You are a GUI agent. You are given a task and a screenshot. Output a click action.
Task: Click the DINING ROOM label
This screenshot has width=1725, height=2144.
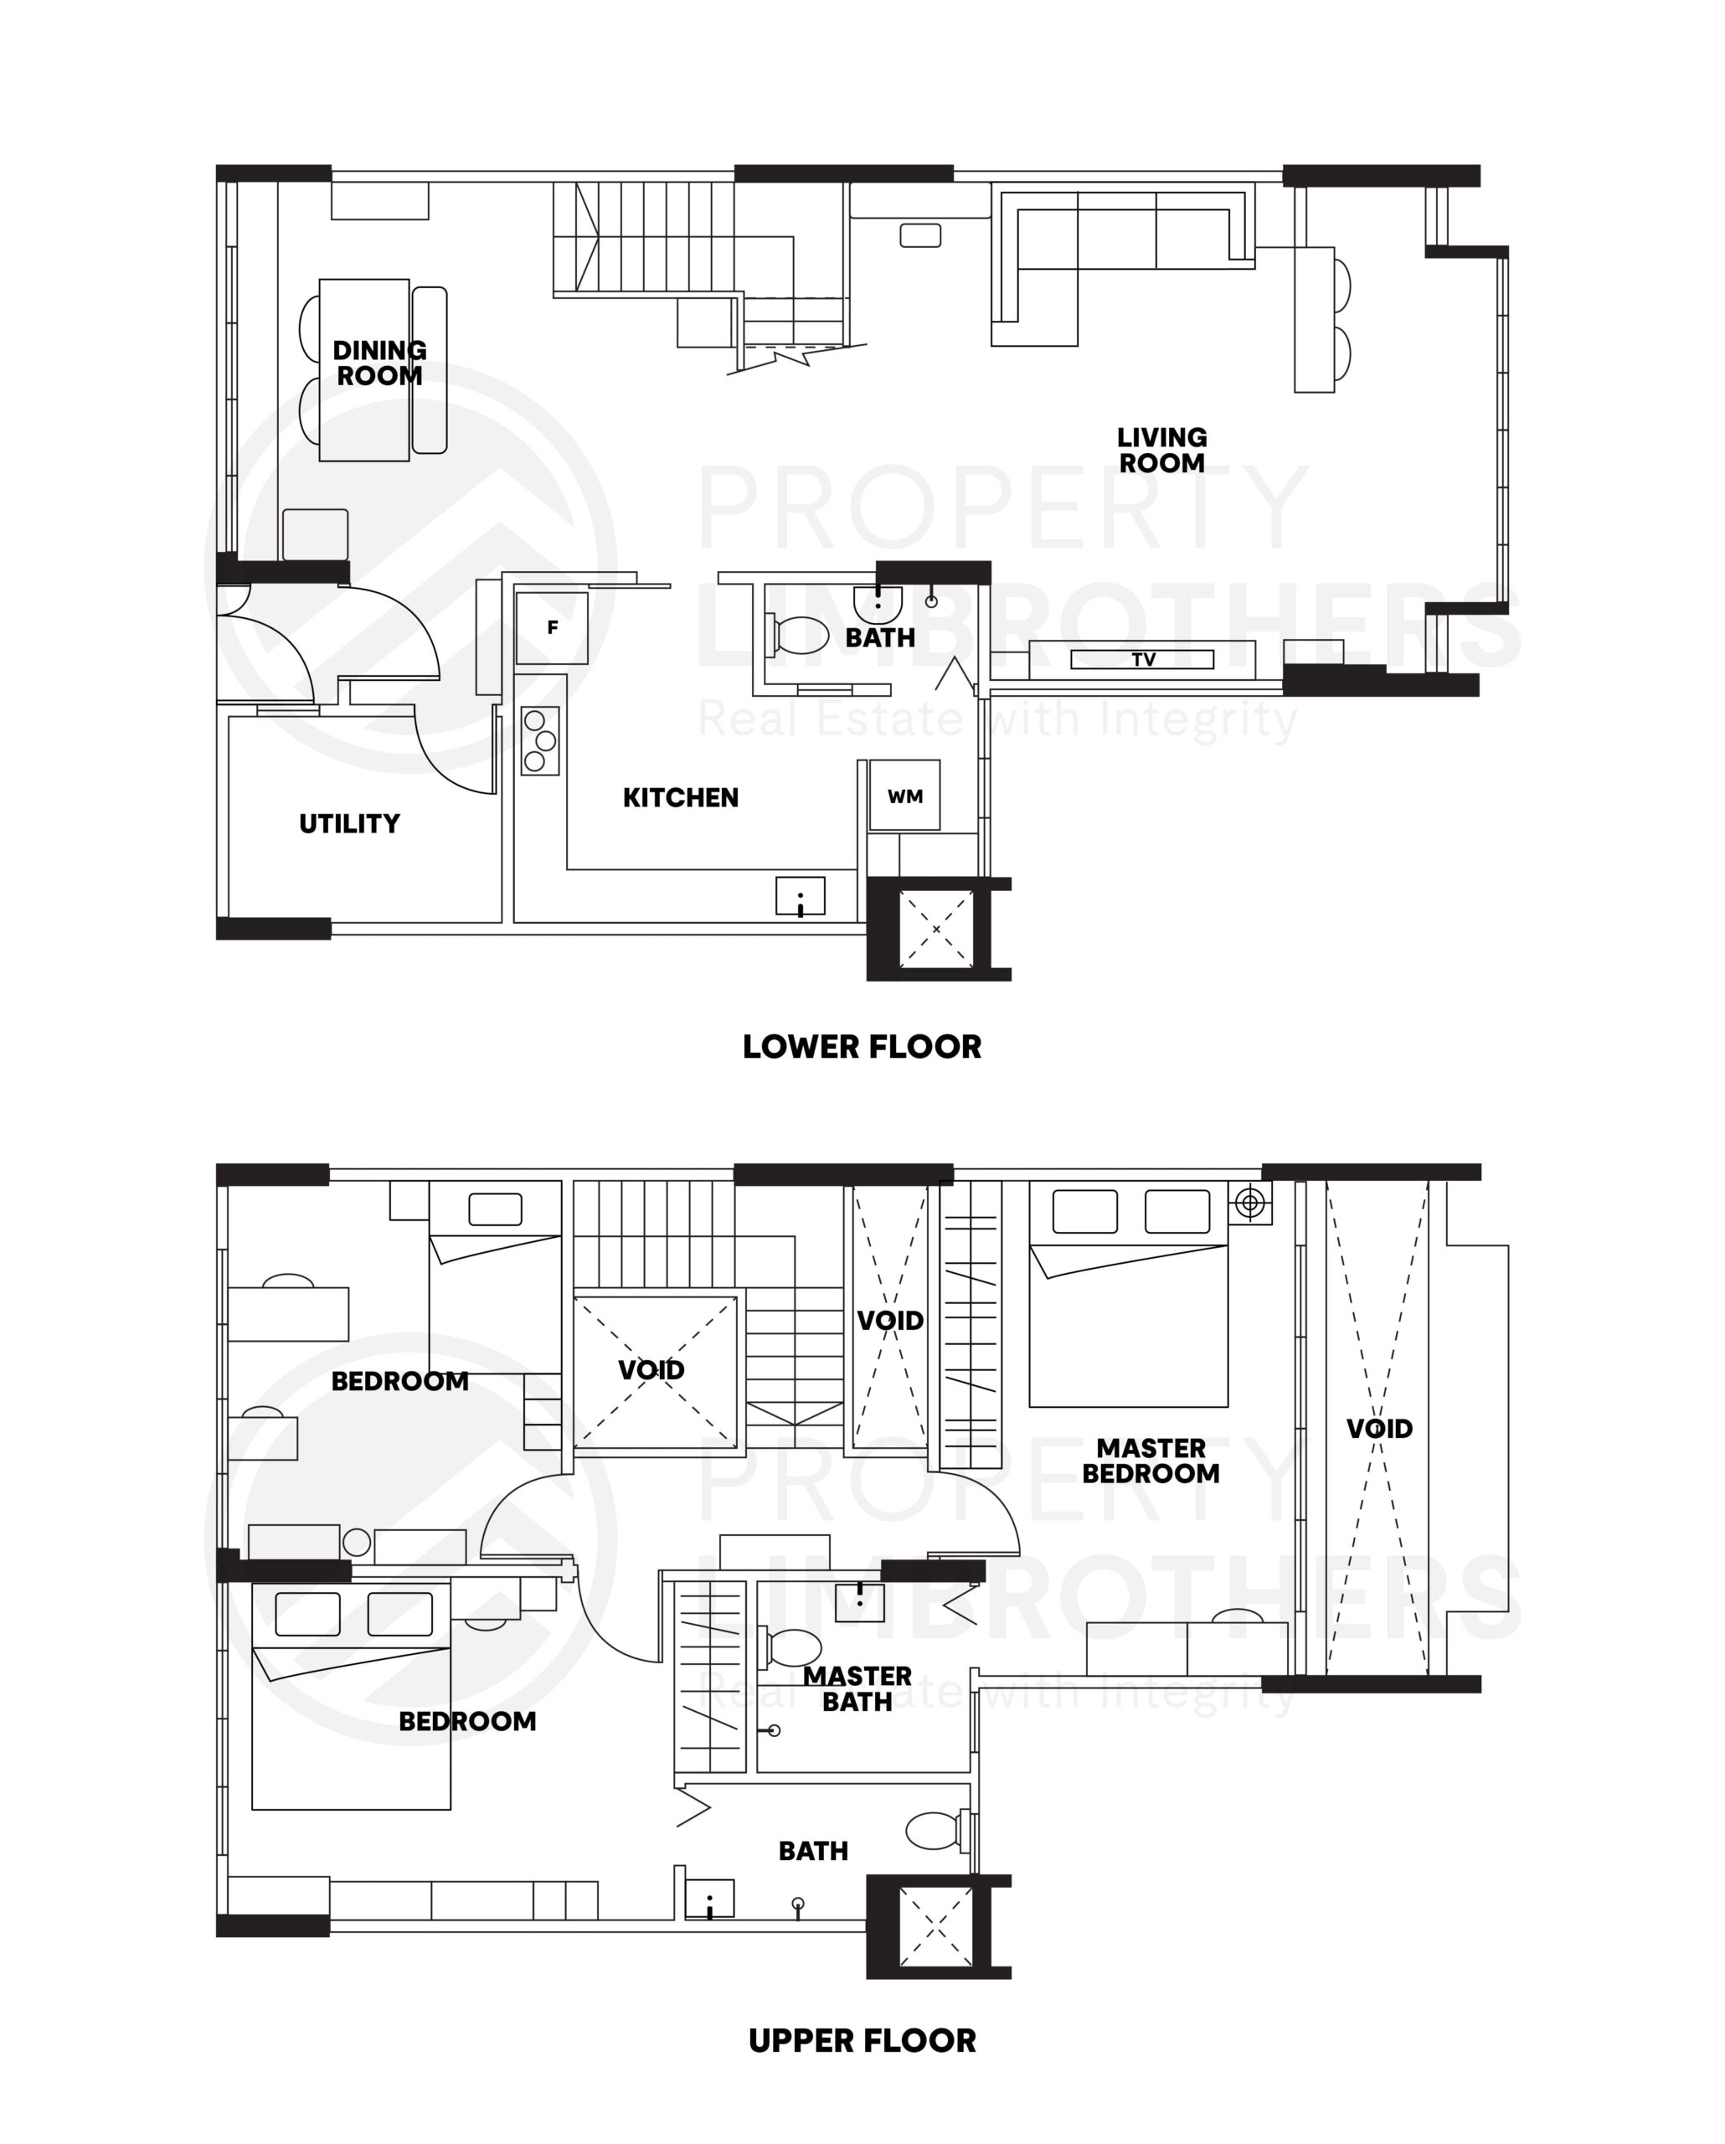tap(378, 363)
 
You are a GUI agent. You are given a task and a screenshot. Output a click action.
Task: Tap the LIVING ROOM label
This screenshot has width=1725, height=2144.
tap(1161, 450)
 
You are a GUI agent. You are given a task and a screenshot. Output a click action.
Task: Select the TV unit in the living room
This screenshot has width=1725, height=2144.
tap(1141, 659)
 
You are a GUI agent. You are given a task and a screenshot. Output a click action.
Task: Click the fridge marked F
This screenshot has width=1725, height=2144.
tap(552, 627)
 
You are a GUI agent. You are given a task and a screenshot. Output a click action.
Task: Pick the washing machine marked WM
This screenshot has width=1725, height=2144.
tap(904, 796)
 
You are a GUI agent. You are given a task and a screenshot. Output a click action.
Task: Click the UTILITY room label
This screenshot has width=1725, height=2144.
tap(349, 823)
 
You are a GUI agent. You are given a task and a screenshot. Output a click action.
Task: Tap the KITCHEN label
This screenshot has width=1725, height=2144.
tap(680, 797)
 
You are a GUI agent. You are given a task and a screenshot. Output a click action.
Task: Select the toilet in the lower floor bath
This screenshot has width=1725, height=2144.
tap(798, 633)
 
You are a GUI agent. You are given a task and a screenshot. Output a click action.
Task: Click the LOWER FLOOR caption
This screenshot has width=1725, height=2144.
tap(861, 1046)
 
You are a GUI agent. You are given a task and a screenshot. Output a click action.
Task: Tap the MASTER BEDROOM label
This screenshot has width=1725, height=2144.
tap(1151, 1461)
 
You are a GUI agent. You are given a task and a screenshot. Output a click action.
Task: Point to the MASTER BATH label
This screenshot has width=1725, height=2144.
tap(857, 1688)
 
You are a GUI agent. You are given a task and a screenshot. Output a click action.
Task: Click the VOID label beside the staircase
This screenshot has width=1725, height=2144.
tap(651, 1370)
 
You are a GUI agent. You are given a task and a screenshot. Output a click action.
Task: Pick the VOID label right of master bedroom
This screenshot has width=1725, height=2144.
tap(1379, 1429)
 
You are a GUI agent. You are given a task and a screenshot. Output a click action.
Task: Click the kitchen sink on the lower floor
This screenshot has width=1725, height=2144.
tap(801, 896)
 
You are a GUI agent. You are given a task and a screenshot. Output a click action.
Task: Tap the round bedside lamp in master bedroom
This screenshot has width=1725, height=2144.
tap(1251, 1204)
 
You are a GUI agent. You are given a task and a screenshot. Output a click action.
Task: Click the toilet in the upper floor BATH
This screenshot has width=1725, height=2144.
tap(935, 1831)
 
